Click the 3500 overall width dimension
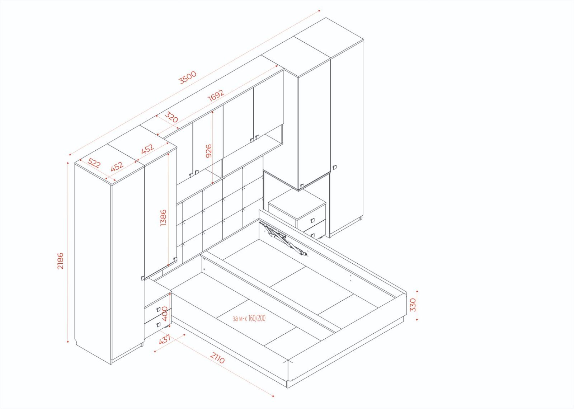188,77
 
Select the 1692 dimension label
216,95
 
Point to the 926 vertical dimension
209,151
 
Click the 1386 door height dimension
163,218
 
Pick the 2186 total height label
60,261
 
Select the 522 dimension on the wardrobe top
94,163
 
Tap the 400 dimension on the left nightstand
165,314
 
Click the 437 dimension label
165,339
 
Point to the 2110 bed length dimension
217,358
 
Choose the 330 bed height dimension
413,305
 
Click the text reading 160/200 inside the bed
257,318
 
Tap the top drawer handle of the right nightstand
312,220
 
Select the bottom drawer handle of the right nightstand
312,235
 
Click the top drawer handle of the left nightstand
158,309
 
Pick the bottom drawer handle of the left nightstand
158,325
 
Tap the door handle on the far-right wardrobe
335,167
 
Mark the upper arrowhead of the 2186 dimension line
68,163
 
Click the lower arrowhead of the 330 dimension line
417,319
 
